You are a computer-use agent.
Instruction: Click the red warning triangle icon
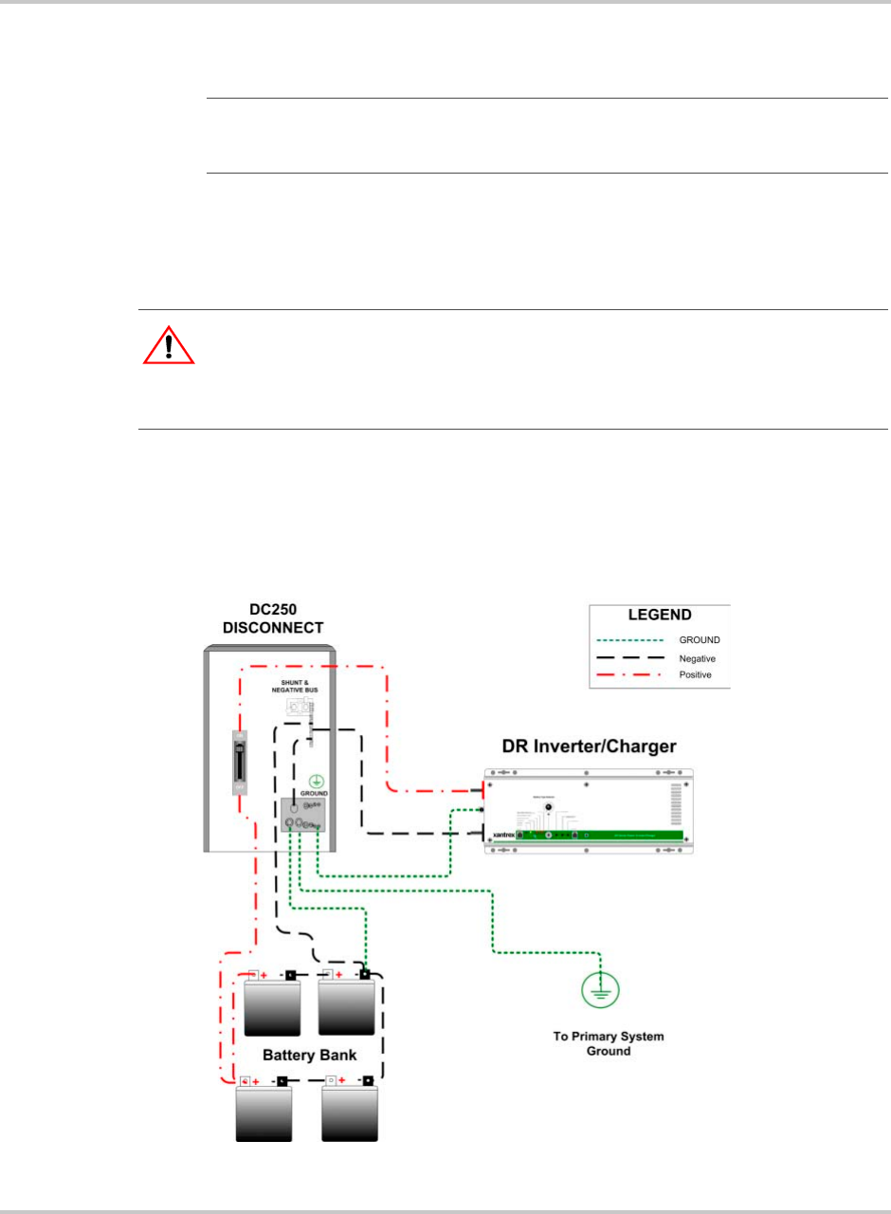[169, 346]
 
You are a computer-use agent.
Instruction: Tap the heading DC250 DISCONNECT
[273, 618]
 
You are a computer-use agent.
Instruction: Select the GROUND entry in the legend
[698, 640]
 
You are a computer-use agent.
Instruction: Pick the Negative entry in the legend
[698, 657]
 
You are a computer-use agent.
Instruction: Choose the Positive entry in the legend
[697, 674]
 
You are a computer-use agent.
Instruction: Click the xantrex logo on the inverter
[503, 837]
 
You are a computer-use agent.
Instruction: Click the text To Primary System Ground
[608, 1043]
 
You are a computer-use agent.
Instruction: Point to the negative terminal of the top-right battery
[365, 974]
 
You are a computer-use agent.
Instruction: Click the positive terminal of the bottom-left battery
[245, 1081]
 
